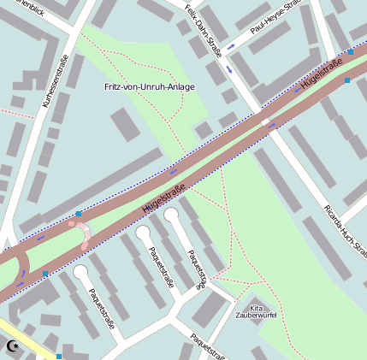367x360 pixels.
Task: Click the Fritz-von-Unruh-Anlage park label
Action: click(x=150, y=87)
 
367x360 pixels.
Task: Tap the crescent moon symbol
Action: click(x=12, y=345)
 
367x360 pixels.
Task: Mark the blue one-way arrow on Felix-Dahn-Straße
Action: click(x=229, y=70)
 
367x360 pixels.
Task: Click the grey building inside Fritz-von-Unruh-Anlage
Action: click(x=127, y=125)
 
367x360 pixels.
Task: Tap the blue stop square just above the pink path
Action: click(x=79, y=214)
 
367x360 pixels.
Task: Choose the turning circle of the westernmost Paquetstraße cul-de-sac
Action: click(x=81, y=272)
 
